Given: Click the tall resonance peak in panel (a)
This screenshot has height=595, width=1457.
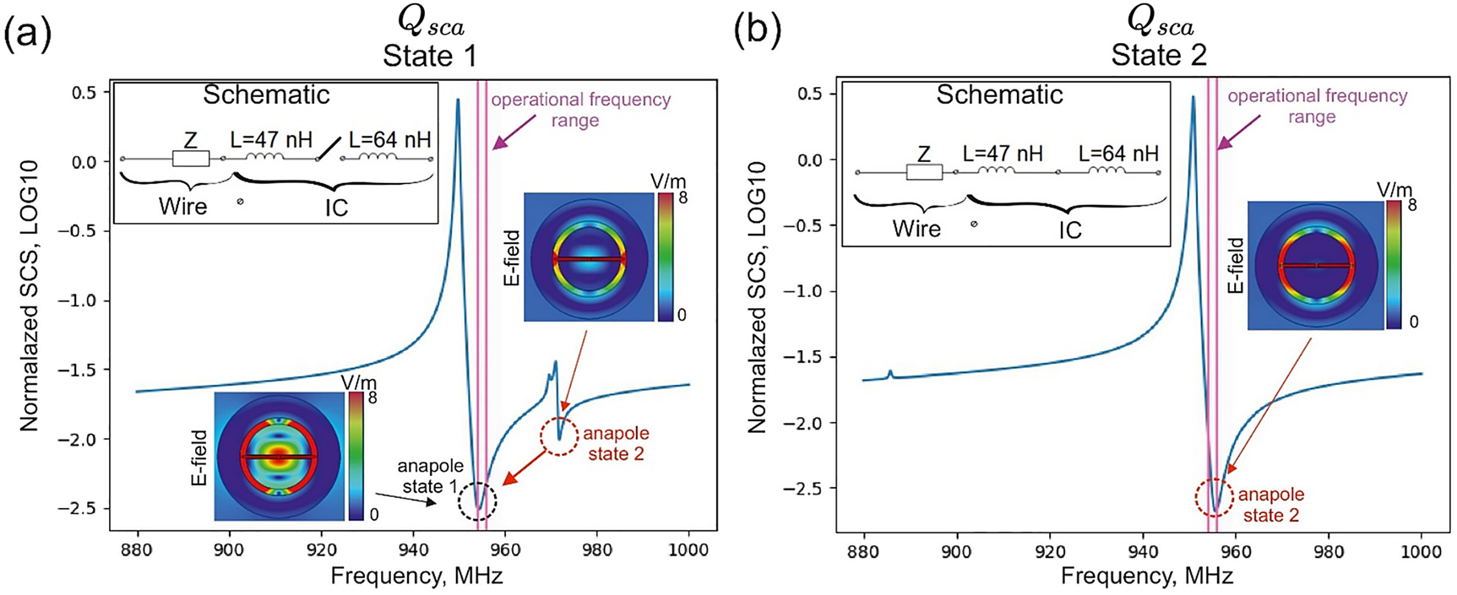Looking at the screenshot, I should [458, 101].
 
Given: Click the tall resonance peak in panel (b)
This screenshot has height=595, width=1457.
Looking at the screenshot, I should [1193, 98].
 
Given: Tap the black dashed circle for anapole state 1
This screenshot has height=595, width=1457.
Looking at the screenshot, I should [477, 502].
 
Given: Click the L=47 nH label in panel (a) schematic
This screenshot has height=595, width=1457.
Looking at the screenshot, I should [271, 138].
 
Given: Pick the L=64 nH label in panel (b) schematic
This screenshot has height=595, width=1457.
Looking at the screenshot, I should [1118, 154].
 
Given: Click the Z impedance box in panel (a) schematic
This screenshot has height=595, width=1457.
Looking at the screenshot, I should [191, 159].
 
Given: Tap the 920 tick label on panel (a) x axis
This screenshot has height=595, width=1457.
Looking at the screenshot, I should [321, 550].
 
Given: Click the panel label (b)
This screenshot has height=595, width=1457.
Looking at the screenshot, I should [757, 32].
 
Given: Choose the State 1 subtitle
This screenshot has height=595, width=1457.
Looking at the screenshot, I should [429, 56].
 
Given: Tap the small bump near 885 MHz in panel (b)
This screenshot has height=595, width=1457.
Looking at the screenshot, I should [890, 372].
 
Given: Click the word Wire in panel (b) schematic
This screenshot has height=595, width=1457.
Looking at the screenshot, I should [916, 229].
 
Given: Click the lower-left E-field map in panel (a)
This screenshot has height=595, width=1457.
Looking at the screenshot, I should [278, 456].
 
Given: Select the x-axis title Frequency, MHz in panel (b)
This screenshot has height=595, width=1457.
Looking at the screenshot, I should [1146, 576].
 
